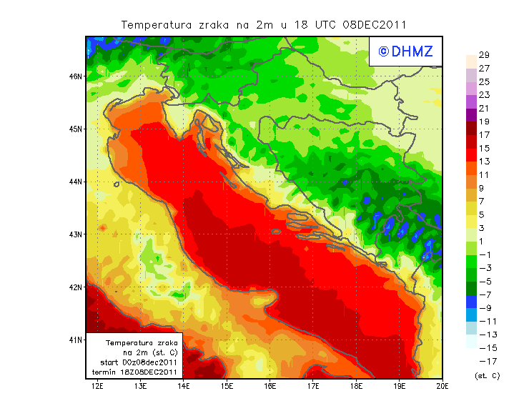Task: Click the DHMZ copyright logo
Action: pyautogui.click(x=402, y=51)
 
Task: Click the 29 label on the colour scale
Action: pyautogui.click(x=483, y=56)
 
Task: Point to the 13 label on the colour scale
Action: pyautogui.click(x=483, y=162)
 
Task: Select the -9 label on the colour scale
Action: pyautogui.click(x=483, y=307)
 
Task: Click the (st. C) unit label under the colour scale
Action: pyautogui.click(x=487, y=375)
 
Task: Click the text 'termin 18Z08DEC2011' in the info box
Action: pyautogui.click(x=135, y=372)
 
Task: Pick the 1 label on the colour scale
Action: pyautogui.click(x=483, y=241)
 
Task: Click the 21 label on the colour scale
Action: pyautogui.click(x=483, y=109)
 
